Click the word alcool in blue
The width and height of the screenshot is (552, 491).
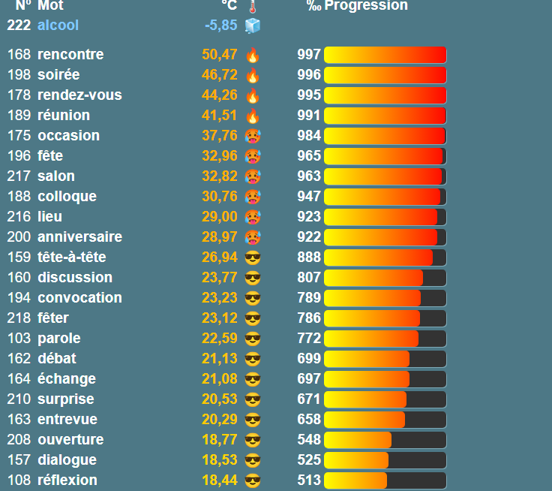58,26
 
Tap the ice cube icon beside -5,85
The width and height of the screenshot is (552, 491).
253,26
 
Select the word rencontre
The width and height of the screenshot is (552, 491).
70,55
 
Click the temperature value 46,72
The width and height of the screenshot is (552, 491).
220,75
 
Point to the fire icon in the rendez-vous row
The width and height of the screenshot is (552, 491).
253,95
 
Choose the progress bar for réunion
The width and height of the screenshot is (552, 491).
385,116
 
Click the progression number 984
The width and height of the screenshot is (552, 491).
309,136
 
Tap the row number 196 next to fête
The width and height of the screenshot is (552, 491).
19,156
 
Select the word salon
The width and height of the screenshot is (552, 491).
56,176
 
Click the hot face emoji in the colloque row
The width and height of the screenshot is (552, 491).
253,197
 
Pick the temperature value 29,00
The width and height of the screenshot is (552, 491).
220,217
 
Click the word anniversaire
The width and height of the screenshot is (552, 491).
79,237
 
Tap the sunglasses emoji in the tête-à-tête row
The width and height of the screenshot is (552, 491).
253,258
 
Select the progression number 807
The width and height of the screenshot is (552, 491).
309,278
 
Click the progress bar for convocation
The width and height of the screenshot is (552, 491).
385,298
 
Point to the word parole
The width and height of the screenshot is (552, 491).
59,339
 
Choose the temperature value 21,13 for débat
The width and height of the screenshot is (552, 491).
220,359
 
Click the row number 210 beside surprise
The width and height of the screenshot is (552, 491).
19,399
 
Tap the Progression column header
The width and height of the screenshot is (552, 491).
366,6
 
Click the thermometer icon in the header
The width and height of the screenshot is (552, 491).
252,7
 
